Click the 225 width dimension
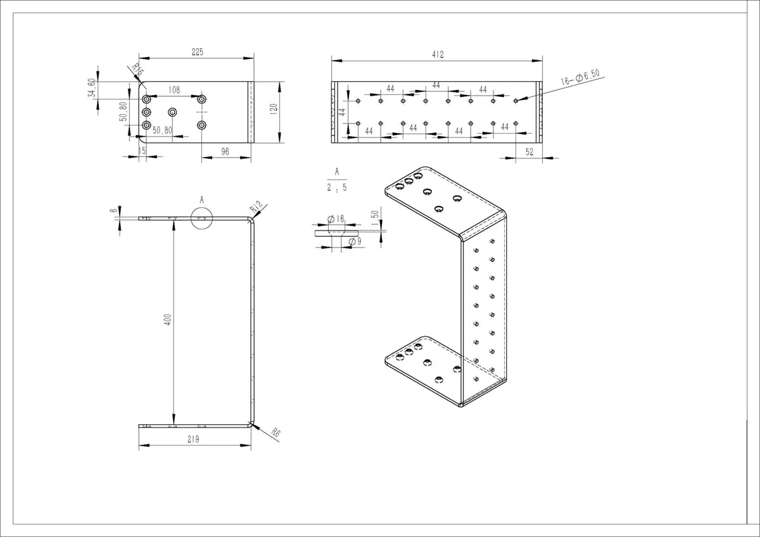(197, 53)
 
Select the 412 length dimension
(437, 55)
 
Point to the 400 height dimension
(168, 320)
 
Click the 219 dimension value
(194, 439)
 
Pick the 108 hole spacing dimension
(175, 91)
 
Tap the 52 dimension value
(529, 152)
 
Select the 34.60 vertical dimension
(91, 88)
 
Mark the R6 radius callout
(275, 433)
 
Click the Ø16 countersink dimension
(336, 219)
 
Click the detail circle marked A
(202, 218)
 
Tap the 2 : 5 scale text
(336, 188)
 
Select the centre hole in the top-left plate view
(172, 112)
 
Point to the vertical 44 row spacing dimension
(342, 111)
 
